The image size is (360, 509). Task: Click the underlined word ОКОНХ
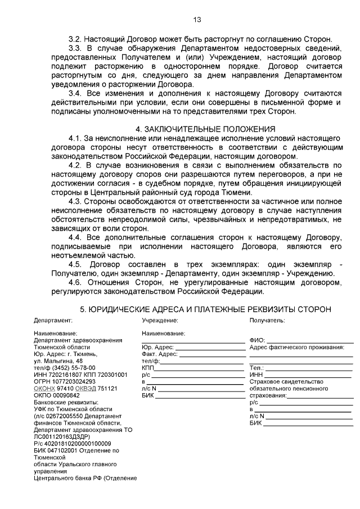(44, 388)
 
